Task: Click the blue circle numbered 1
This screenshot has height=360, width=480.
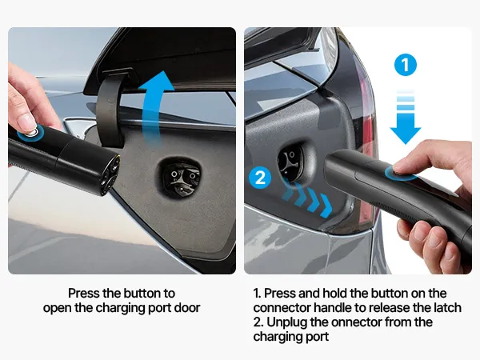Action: click(x=406, y=65)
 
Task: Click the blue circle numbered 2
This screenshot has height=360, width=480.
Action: click(x=260, y=178)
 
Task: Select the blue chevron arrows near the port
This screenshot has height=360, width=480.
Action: click(x=307, y=197)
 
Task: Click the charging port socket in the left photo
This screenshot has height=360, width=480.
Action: click(x=181, y=178)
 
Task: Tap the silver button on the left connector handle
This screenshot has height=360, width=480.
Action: click(x=31, y=132)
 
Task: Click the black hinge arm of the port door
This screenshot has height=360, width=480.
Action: click(x=113, y=110)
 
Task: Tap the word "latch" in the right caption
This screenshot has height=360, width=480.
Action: click(x=448, y=308)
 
